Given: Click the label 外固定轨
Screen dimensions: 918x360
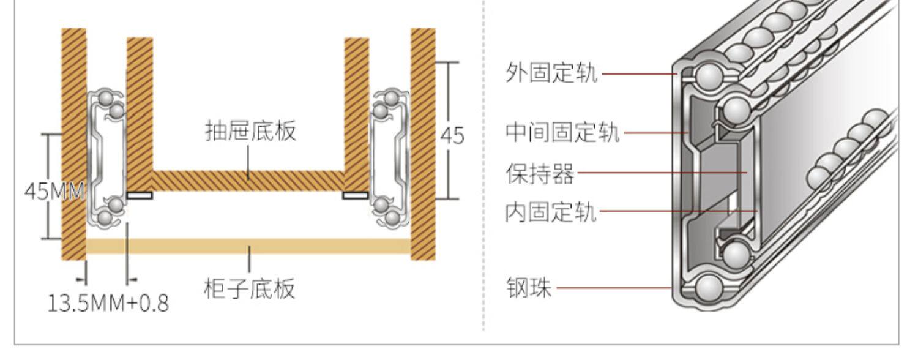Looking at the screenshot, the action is [551, 74].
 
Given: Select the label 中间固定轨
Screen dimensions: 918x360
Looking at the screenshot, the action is [562, 133].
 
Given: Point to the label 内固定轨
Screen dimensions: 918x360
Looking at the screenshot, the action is [551, 213].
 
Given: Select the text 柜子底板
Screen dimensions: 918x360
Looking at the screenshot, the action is [249, 288].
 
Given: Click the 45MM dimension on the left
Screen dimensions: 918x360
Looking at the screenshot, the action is [54, 191].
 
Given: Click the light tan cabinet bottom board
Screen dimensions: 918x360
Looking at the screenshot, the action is [248, 246].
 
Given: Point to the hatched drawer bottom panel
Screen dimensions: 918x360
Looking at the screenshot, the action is [248, 181].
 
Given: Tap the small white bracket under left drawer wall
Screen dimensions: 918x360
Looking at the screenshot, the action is [140, 195].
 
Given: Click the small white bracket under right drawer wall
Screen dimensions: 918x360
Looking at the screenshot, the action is [356, 195].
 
